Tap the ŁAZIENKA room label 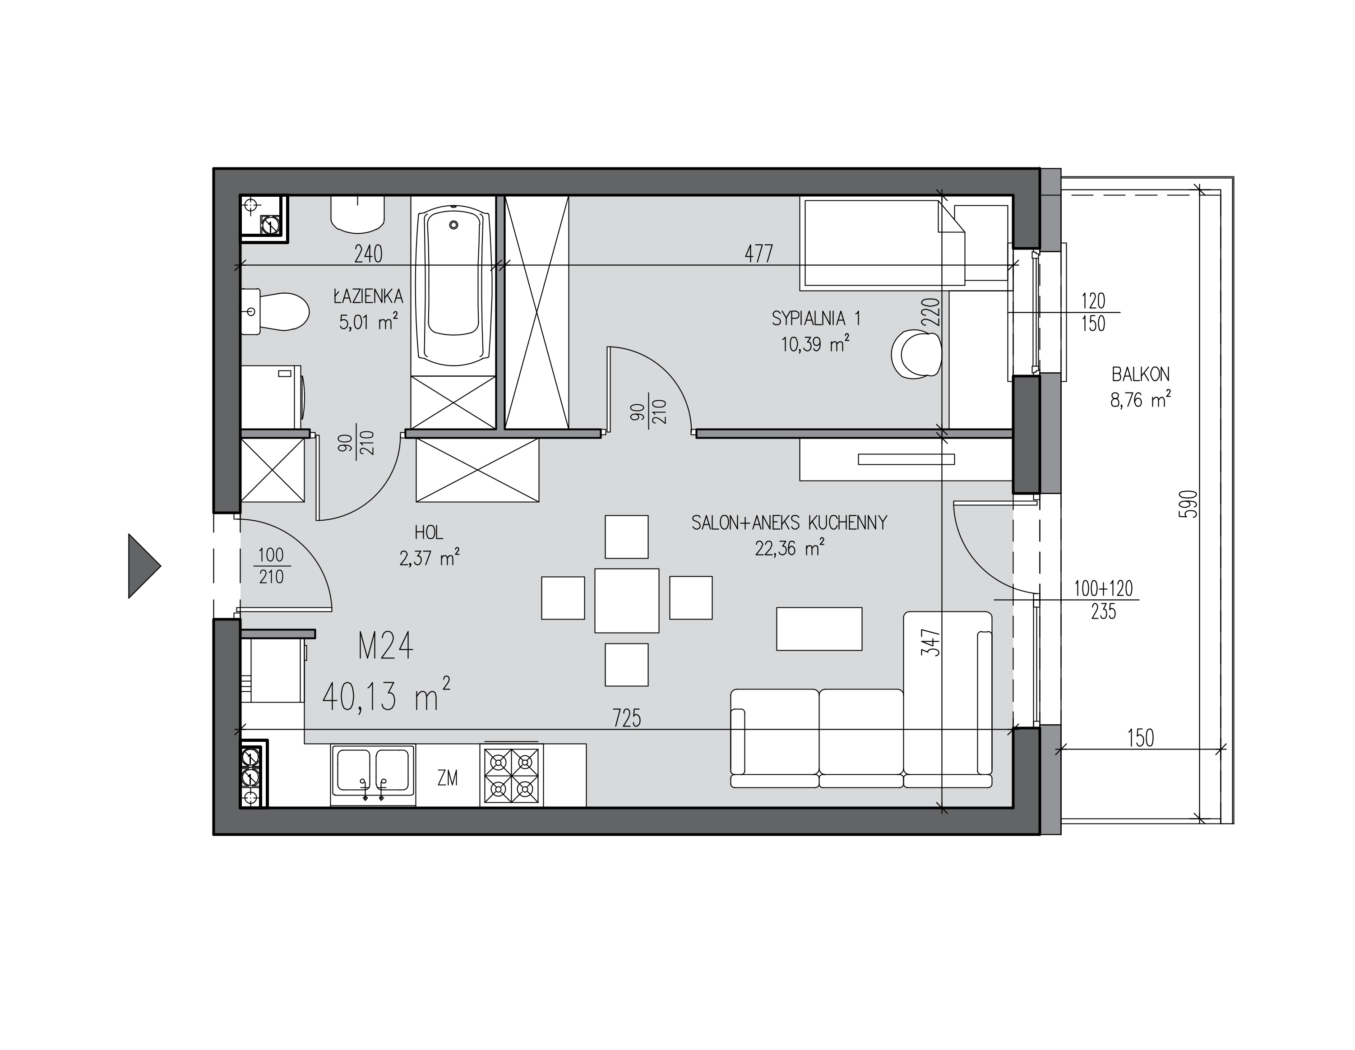click(x=369, y=296)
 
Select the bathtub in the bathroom click(x=453, y=286)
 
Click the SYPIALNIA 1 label click(x=816, y=319)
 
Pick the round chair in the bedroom click(x=916, y=354)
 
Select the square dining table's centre click(x=627, y=600)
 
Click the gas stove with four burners click(x=511, y=775)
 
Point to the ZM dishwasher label click(x=447, y=777)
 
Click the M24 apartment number click(x=385, y=646)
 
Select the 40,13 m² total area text click(x=386, y=694)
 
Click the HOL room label click(x=429, y=532)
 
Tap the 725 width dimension click(x=627, y=718)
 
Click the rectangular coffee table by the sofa click(x=819, y=629)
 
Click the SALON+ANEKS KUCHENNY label click(x=789, y=523)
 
